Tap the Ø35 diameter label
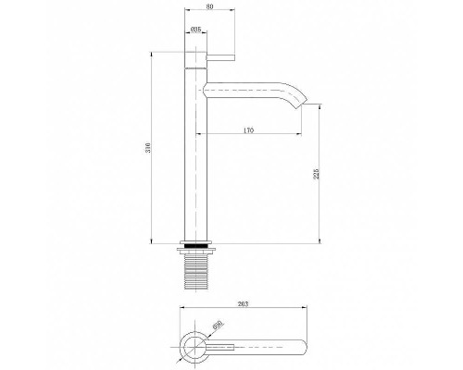point(195,31)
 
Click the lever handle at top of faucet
point(222,58)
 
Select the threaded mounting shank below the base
point(196,269)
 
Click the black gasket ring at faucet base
point(196,245)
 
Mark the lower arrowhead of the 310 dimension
point(154,242)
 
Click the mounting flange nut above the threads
point(196,252)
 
